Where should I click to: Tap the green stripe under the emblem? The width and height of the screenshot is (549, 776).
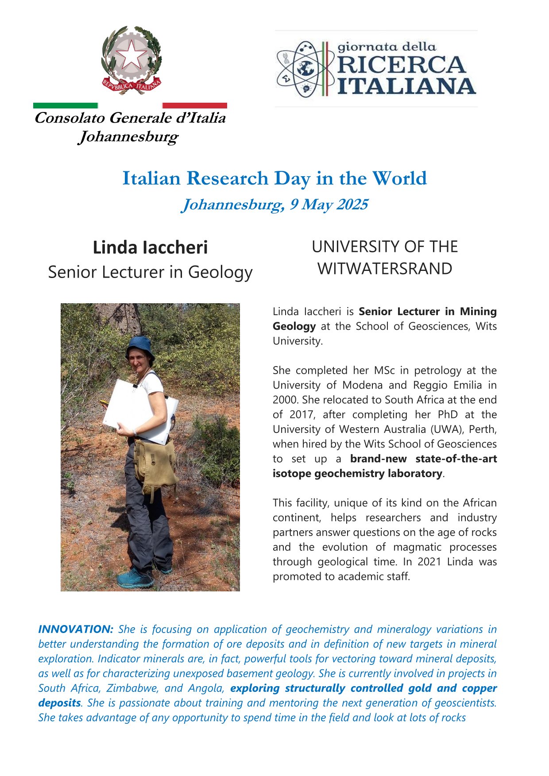point(66,106)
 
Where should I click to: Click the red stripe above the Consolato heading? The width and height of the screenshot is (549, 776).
point(194,106)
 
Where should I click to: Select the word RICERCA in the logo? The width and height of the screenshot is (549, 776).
point(401,66)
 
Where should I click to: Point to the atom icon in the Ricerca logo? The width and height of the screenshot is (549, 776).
point(302,69)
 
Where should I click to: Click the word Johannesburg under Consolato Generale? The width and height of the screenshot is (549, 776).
point(128,137)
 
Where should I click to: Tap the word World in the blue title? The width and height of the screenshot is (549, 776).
point(399,178)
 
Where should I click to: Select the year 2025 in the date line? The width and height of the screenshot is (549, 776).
point(352,205)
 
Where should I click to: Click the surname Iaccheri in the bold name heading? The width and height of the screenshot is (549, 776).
point(175,247)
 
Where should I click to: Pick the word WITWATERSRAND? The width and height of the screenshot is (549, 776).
point(385,269)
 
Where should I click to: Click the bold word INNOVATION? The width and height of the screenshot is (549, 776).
point(76,629)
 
